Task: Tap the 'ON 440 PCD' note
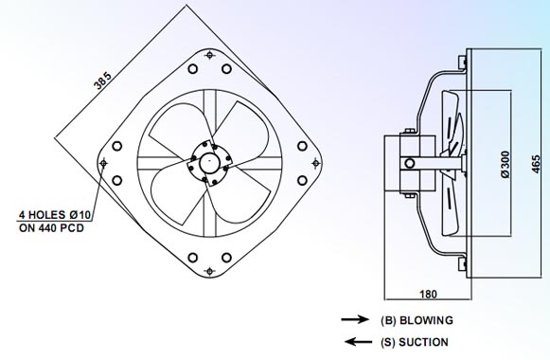50,227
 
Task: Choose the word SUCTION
424,342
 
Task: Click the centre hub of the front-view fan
208,163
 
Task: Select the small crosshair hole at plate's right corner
315,163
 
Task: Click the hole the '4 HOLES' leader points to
102,163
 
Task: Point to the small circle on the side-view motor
409,163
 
